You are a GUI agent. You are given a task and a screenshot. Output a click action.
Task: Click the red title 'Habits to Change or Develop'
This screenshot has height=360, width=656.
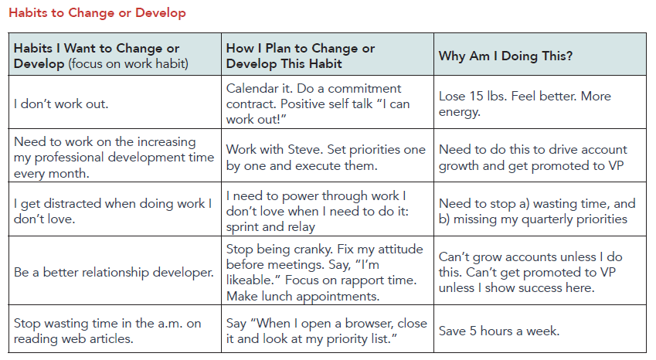click(97, 13)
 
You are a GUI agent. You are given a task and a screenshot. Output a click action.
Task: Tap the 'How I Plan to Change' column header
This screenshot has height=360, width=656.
click(301, 56)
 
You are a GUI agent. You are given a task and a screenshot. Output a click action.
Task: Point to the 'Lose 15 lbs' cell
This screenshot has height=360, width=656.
click(525, 104)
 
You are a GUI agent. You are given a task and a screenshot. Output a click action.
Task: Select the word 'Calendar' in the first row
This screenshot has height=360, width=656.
click(253, 88)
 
